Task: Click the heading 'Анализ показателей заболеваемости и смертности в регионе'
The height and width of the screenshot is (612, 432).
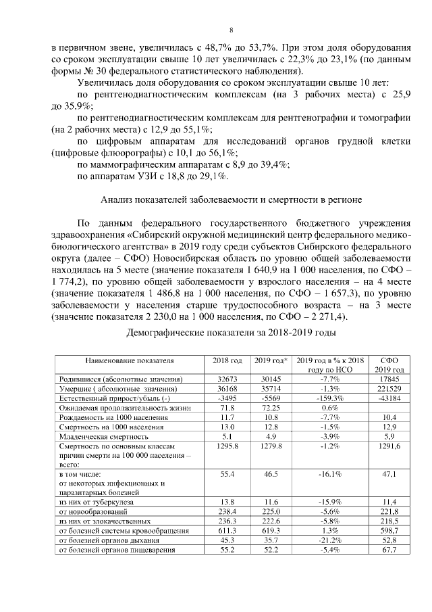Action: tap(232, 199)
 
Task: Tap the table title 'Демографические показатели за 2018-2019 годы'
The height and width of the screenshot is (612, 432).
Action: tap(230, 333)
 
